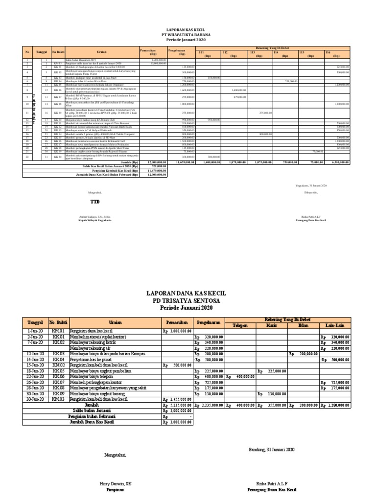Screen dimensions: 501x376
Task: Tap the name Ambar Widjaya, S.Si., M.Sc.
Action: click(95, 216)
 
